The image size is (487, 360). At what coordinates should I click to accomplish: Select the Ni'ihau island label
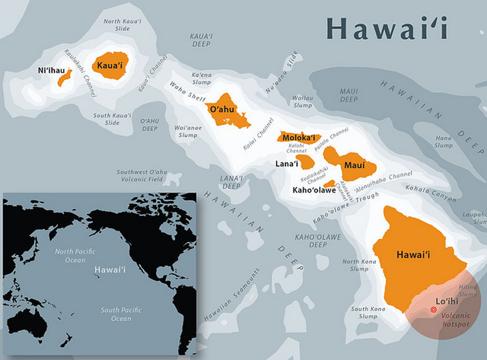[x=52, y=71]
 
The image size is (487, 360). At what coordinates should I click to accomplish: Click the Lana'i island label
[x=287, y=164]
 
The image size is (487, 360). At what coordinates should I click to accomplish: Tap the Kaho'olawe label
[x=314, y=190]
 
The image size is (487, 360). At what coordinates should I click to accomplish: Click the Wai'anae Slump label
[x=187, y=131]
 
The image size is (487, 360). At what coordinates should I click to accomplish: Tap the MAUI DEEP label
[x=349, y=95]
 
